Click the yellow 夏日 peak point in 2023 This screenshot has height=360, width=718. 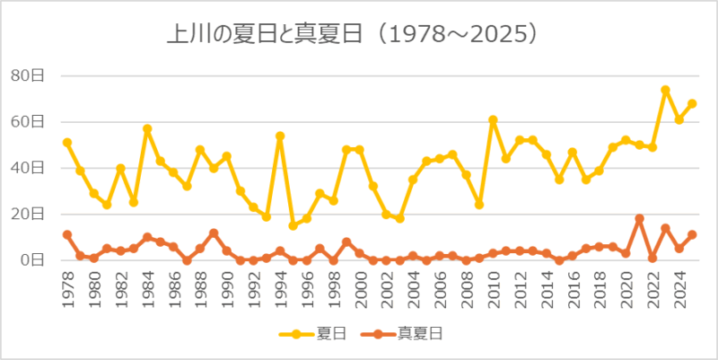(x=665, y=90)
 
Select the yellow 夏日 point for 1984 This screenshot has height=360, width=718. (x=147, y=129)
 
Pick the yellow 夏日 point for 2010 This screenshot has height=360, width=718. (x=493, y=119)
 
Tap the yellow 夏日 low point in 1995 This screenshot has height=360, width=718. (x=293, y=225)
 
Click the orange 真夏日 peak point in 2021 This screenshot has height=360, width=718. (x=639, y=219)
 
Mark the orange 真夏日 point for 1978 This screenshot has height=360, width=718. (x=67, y=235)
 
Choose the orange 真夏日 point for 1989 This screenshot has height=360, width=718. (x=214, y=233)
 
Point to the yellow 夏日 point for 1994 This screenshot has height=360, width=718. (x=280, y=136)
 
